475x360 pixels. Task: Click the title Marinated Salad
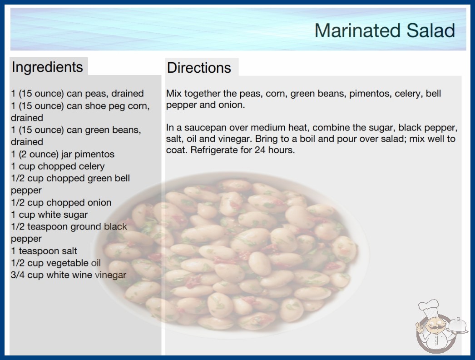[385, 30]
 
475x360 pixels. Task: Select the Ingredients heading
[47, 67]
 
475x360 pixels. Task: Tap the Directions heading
[199, 68]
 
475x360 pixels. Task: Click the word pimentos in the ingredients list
[94, 154]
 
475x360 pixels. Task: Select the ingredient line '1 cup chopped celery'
[58, 166]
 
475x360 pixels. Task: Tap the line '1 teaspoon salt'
[44, 251]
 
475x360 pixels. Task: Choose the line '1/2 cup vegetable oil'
[56, 263]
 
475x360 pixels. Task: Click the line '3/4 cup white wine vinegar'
[69, 275]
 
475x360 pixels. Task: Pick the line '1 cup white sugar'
[49, 215]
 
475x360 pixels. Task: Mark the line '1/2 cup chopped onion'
[61, 203]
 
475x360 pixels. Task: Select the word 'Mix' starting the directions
[173, 93]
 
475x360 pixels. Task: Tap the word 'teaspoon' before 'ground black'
[46, 226]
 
